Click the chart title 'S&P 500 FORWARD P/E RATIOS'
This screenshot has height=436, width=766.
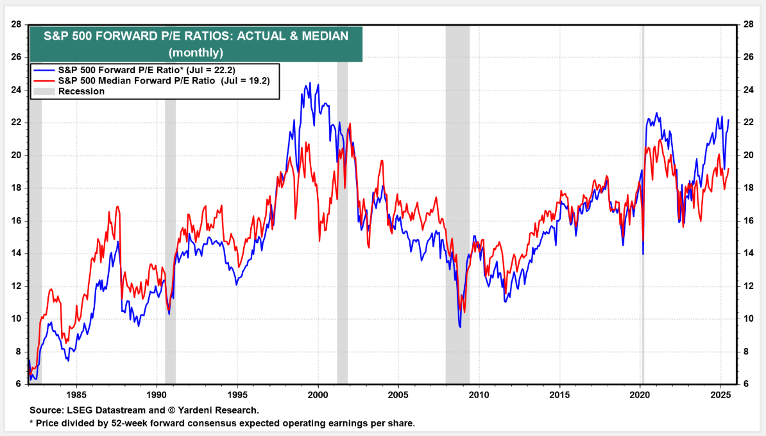tap(196, 37)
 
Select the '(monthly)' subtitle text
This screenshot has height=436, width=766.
tap(196, 52)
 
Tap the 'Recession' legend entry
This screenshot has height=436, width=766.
tap(81, 91)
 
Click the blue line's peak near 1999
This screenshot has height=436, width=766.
tap(311, 83)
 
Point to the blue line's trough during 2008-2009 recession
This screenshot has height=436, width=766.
tap(460, 327)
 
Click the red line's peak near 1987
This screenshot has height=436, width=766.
tap(117, 207)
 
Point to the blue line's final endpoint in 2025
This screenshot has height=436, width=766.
tap(728, 120)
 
